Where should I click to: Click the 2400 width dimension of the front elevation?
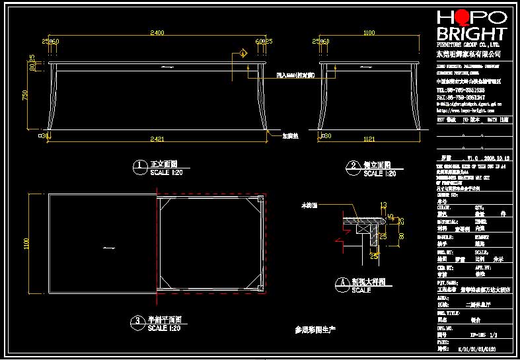[157, 32]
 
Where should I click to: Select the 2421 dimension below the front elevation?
[157, 139]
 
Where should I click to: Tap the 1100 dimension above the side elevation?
[369, 32]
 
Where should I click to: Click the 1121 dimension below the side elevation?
[369, 139]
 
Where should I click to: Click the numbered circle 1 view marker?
[139, 165]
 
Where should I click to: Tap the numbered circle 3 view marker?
[137, 320]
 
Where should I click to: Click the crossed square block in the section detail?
[363, 228]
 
